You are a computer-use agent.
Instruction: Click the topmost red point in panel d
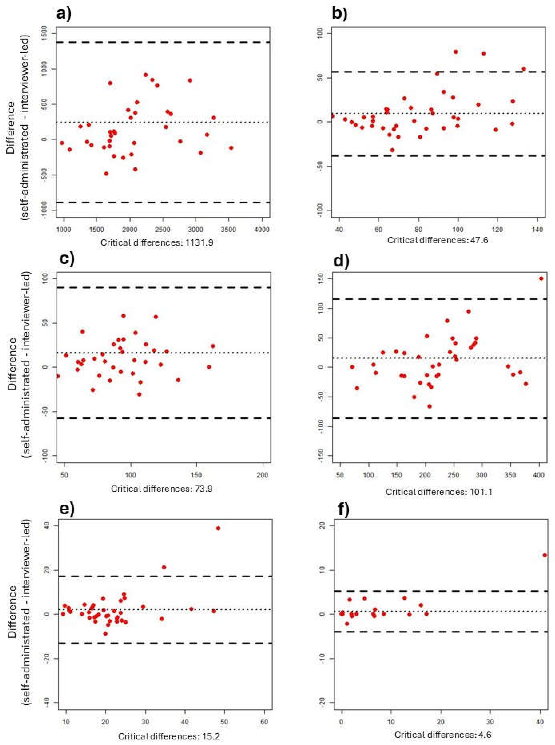tap(541, 279)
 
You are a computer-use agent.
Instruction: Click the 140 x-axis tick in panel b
tap(537, 230)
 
